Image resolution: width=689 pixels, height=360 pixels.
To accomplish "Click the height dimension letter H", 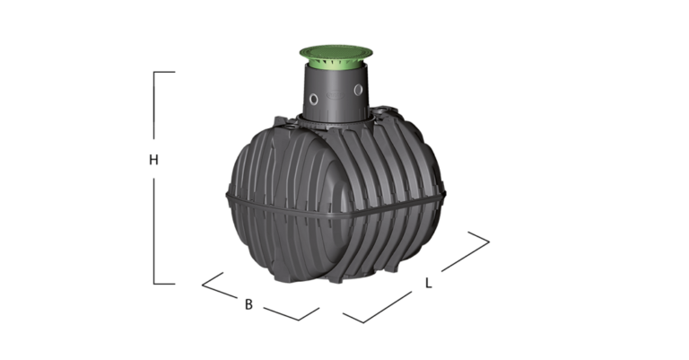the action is pyautogui.click(x=153, y=160).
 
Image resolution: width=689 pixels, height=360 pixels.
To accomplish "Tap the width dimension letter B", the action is pyautogui.click(x=249, y=304).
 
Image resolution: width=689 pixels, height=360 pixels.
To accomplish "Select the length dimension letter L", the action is pyautogui.click(x=429, y=283).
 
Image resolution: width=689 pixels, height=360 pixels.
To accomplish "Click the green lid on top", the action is pyautogui.click(x=336, y=52).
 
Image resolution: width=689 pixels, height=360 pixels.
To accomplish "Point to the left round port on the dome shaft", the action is pyautogui.click(x=313, y=99).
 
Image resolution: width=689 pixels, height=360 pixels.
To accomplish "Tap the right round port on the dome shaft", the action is pyautogui.click(x=359, y=90).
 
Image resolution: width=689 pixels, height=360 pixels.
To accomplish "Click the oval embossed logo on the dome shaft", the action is pyautogui.click(x=336, y=93).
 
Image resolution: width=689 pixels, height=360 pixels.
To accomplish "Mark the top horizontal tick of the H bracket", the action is pyautogui.click(x=164, y=72).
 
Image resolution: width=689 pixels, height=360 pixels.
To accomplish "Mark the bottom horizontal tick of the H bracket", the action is pyautogui.click(x=164, y=284).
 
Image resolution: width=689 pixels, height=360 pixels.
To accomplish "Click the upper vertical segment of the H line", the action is pyautogui.click(x=153, y=106).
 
